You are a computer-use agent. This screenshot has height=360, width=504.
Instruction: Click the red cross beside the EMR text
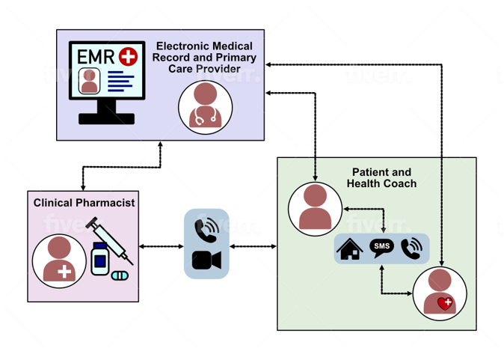129,55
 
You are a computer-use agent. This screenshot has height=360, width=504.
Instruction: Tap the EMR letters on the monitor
96,56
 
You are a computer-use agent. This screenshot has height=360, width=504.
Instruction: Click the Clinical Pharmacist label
83,203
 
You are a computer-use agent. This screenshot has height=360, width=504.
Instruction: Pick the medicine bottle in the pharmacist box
100,257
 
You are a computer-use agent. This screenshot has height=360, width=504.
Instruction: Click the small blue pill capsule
120,275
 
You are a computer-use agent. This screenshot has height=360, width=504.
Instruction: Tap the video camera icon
206,260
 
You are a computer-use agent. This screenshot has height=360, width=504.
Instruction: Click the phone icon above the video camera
206,230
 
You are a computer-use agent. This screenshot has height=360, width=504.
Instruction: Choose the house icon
351,248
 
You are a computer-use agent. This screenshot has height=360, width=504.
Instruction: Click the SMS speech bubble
381,248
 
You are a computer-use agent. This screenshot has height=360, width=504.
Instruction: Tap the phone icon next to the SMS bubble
411,248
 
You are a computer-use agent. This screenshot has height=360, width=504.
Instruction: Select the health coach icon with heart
439,293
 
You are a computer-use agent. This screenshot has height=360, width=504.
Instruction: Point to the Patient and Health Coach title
381,177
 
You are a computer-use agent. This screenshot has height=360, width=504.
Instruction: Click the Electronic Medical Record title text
206,57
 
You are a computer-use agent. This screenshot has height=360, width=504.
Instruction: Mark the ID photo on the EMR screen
89,81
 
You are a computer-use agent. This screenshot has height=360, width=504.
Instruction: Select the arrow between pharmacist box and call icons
161,245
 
